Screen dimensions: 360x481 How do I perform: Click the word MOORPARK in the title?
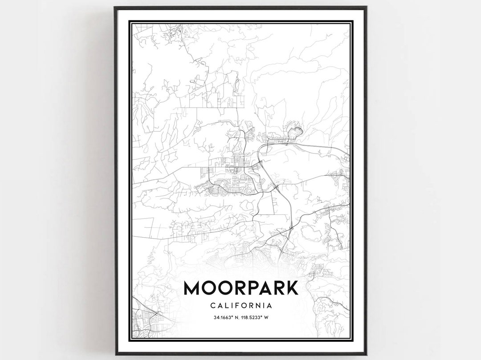[x=240, y=288]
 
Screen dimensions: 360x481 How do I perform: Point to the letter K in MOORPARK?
[x=291, y=288]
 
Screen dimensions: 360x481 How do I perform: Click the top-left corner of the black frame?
[x=115, y=8]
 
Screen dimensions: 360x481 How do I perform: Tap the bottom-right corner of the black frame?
[x=366, y=354]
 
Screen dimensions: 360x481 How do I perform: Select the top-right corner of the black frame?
[x=366, y=8]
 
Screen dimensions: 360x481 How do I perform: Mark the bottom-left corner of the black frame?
[x=115, y=354]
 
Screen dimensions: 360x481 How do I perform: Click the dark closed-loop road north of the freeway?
[x=295, y=132]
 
